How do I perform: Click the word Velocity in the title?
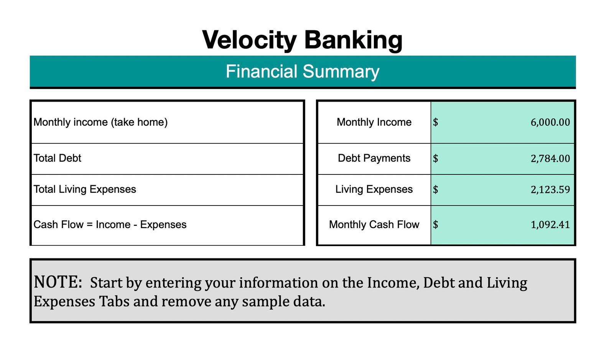[x=249, y=40]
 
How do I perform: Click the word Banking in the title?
[x=353, y=40]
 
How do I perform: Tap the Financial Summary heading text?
[x=303, y=72]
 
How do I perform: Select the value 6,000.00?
[x=550, y=122]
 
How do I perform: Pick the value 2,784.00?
[x=550, y=158]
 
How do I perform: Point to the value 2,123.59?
[x=550, y=189]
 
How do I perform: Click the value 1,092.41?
[x=550, y=225]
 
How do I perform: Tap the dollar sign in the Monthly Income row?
[x=436, y=122]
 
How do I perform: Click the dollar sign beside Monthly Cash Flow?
[x=436, y=225]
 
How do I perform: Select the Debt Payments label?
[x=374, y=158]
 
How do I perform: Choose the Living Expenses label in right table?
[x=374, y=189]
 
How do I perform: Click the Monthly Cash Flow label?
[x=374, y=224]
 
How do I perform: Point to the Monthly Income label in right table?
[x=374, y=122]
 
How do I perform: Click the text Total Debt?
[x=58, y=158]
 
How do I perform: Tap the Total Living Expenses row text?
[x=85, y=189]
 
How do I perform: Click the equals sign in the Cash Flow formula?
[x=90, y=225]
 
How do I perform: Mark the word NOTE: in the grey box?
[x=58, y=282]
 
